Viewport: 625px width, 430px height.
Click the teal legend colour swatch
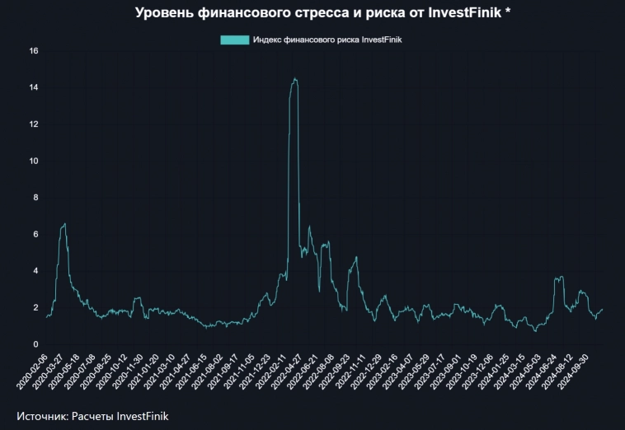235,40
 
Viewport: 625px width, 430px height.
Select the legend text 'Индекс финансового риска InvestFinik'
327,40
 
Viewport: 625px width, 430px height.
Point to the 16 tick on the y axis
34,51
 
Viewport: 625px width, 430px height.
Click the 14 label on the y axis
34,87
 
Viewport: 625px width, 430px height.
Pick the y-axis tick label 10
34,161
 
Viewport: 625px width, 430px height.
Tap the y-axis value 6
36,234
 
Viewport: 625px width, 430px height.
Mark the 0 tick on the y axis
36,344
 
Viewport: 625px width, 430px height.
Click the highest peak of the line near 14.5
294,79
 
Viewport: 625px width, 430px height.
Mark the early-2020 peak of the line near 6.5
64,224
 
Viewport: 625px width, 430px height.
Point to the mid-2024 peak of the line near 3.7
561,277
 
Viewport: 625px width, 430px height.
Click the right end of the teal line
603,310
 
